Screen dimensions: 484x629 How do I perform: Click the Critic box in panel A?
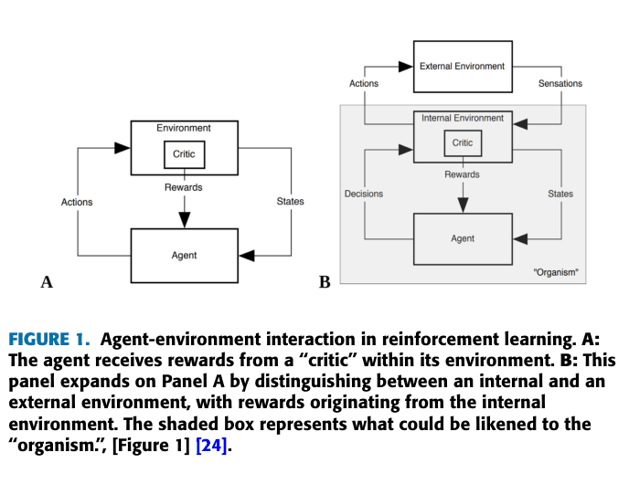tap(184, 154)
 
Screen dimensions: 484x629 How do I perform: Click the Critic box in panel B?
tap(463, 142)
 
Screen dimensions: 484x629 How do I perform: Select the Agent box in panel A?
tap(184, 255)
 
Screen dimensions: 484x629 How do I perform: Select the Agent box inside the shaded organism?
tap(463, 238)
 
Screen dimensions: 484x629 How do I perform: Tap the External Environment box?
tap(462, 67)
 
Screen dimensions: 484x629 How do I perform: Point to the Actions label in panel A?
tap(77, 202)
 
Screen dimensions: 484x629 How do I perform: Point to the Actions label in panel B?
tap(364, 83)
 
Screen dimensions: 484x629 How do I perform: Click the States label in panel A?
tap(291, 202)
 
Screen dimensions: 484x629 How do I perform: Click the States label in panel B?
tap(560, 194)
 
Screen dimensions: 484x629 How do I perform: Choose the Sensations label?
tap(560, 83)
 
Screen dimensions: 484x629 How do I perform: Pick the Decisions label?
tap(364, 194)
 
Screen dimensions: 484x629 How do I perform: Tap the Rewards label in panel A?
tap(184, 187)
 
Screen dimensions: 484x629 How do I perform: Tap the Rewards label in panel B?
tap(463, 174)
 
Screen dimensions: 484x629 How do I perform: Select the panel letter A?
tap(46, 282)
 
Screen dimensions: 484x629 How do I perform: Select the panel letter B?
tap(325, 282)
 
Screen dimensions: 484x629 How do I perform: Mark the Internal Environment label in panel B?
tap(463, 119)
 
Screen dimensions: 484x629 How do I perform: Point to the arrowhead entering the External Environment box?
tap(406, 67)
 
